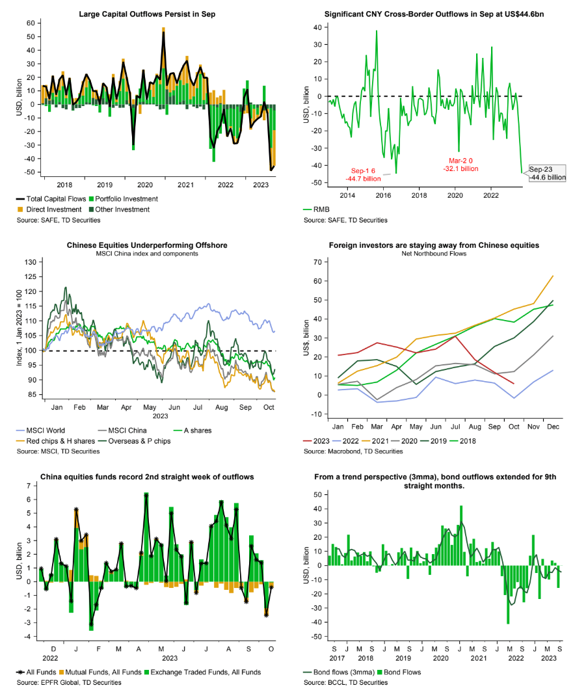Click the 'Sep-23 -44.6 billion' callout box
click(x=546, y=172)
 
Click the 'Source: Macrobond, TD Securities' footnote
click(x=355, y=451)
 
